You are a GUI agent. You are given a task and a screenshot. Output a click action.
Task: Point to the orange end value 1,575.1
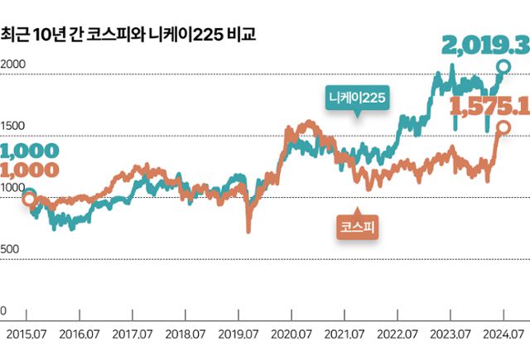(489, 105)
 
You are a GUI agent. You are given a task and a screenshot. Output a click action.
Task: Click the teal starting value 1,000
(31, 151)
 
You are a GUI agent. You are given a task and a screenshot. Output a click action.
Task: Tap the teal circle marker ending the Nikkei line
(503, 66)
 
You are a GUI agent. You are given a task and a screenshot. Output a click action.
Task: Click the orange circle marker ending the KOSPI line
(503, 127)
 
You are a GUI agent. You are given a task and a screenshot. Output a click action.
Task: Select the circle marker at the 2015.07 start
(27, 197)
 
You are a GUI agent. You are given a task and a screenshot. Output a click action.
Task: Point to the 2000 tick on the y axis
(14, 65)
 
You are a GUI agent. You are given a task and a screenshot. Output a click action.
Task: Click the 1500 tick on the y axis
(14, 126)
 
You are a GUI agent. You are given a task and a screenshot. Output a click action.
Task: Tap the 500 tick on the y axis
(11, 249)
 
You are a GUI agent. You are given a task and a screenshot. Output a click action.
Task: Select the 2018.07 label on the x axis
(185, 334)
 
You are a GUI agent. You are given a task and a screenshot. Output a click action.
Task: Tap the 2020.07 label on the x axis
(291, 334)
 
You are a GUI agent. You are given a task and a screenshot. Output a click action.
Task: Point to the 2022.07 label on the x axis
(397, 334)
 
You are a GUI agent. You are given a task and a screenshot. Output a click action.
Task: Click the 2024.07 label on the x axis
(503, 334)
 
